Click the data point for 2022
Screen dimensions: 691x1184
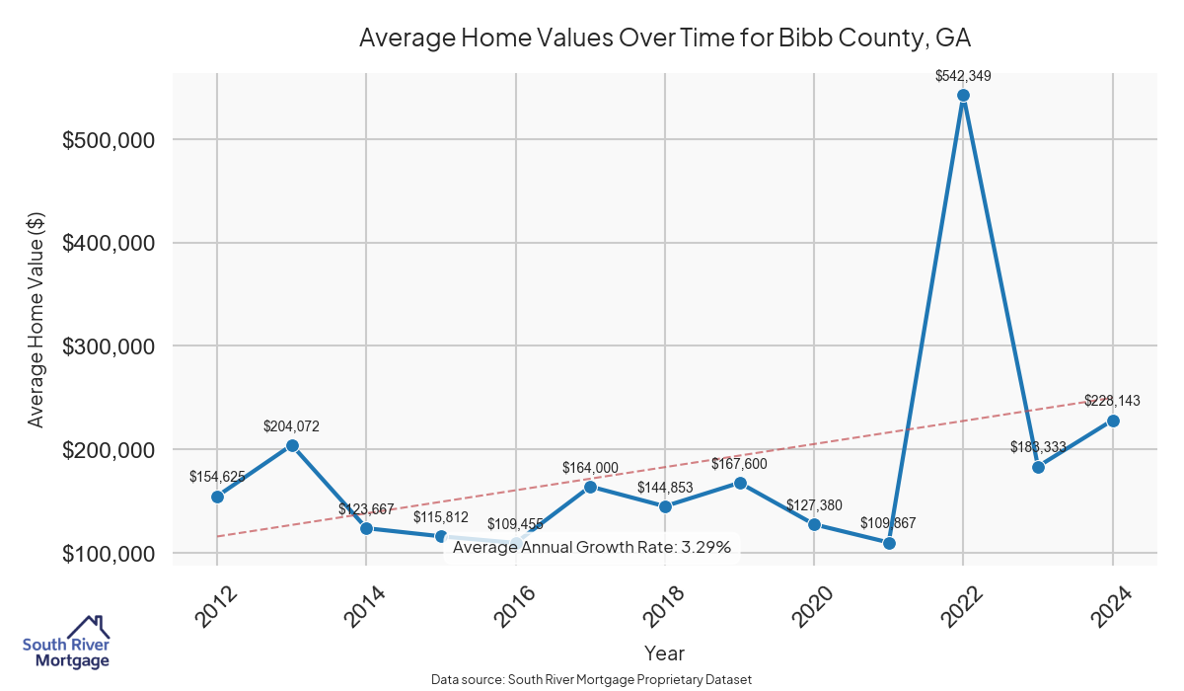[963, 96]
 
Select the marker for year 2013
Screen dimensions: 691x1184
[292, 445]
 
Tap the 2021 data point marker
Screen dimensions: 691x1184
[889, 543]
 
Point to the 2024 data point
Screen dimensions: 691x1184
[1113, 421]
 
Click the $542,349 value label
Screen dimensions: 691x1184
[963, 75]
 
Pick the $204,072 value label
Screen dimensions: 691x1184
[291, 426]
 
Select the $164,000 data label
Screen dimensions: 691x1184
[590, 468]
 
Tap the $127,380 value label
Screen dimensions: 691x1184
[814, 505]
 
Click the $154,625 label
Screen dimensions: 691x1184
[217, 477]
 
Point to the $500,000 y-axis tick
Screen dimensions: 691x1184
[108, 140]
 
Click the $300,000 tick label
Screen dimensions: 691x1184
[108, 346]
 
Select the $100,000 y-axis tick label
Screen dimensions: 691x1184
[108, 554]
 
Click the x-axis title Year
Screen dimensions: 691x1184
[664, 653]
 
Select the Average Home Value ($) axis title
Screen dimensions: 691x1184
[36, 319]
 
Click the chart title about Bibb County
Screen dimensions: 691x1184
[665, 38]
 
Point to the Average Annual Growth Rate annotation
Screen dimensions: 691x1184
[592, 547]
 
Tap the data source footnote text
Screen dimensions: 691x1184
[592, 680]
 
